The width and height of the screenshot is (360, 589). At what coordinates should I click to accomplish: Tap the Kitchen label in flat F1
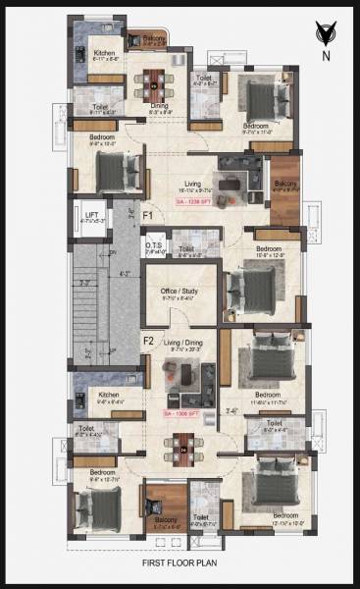105,52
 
